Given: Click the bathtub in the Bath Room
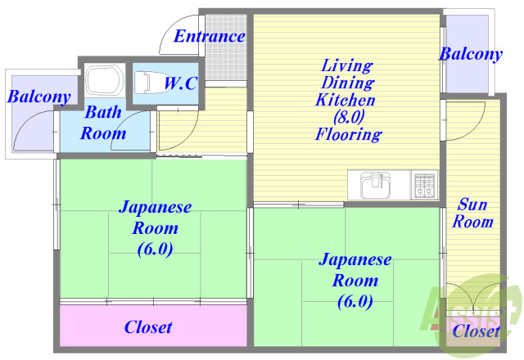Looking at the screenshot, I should point(104,82).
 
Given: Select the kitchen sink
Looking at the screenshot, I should point(374,183).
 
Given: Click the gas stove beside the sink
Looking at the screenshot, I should point(424,185).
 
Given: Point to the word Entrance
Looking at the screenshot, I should point(210,36).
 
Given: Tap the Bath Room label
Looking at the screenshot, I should point(103,123).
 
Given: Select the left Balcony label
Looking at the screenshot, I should point(38,97).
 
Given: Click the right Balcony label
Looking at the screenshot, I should point(470,55).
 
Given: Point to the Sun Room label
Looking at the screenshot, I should point(473,213).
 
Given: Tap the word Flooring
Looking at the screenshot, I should point(347,135).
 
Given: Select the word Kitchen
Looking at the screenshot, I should point(346,100).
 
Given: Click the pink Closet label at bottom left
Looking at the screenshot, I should point(148,327).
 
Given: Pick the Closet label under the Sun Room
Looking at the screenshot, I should point(476,331).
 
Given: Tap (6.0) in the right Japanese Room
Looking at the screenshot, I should point(354,301).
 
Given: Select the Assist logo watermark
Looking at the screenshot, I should point(471,307).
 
